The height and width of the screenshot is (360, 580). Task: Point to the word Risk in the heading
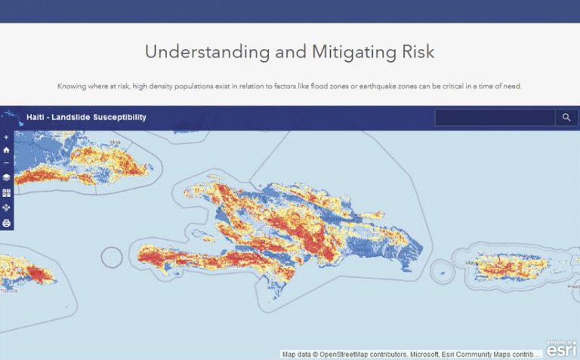pyautogui.click(x=415, y=52)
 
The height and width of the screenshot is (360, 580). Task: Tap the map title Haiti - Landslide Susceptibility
pyautogui.click(x=86, y=117)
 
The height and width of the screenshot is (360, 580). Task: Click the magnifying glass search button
pyautogui.click(x=566, y=118)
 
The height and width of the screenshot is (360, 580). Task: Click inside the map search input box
pyautogui.click(x=495, y=118)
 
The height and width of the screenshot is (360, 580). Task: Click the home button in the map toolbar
pyautogui.click(x=7, y=150)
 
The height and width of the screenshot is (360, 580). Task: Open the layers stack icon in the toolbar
pyautogui.click(x=7, y=177)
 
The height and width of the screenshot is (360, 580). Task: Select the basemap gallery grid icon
pyautogui.click(x=7, y=192)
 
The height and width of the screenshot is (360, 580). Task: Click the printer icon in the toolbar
pyautogui.click(x=7, y=223)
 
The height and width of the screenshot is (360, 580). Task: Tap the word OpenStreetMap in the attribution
pyautogui.click(x=349, y=354)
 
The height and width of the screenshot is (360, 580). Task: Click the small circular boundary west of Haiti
pyautogui.click(x=112, y=257)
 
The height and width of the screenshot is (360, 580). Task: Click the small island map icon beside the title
pyautogui.click(x=11, y=117)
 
